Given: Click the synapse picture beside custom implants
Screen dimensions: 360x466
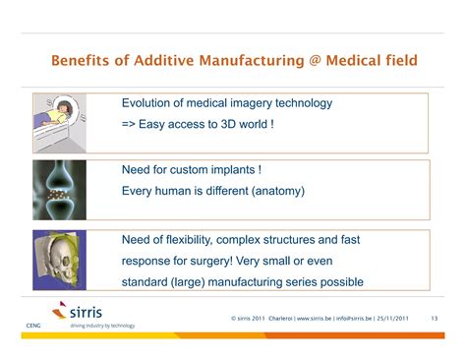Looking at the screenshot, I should tap(58, 190).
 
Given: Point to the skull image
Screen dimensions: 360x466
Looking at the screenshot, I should tap(58, 260).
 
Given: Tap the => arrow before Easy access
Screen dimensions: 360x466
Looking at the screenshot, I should tap(131, 124).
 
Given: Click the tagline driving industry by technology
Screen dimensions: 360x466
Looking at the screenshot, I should tap(102, 326).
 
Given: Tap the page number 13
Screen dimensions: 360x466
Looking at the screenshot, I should tap(434, 319).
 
